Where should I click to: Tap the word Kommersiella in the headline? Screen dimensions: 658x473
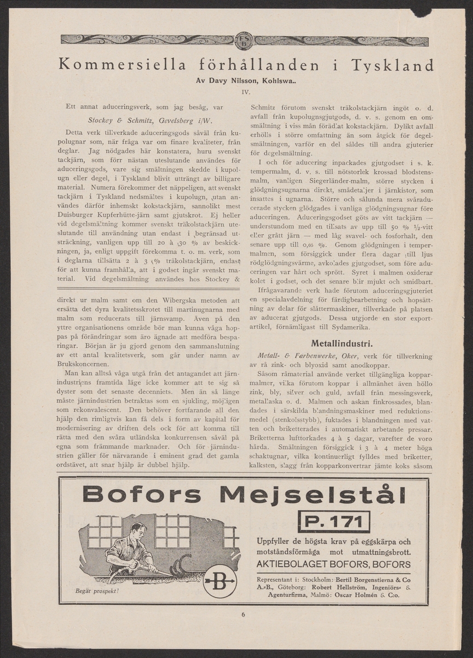(x=122, y=65)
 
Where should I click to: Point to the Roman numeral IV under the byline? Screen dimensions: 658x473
(x=246, y=92)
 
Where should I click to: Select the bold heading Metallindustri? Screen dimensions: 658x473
(x=342, y=344)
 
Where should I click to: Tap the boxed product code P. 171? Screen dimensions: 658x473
(x=333, y=521)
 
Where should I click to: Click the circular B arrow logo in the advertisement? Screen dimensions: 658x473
(x=220, y=581)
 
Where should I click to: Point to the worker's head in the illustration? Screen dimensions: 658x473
(x=137, y=531)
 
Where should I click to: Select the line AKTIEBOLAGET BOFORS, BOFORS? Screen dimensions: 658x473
(x=333, y=564)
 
